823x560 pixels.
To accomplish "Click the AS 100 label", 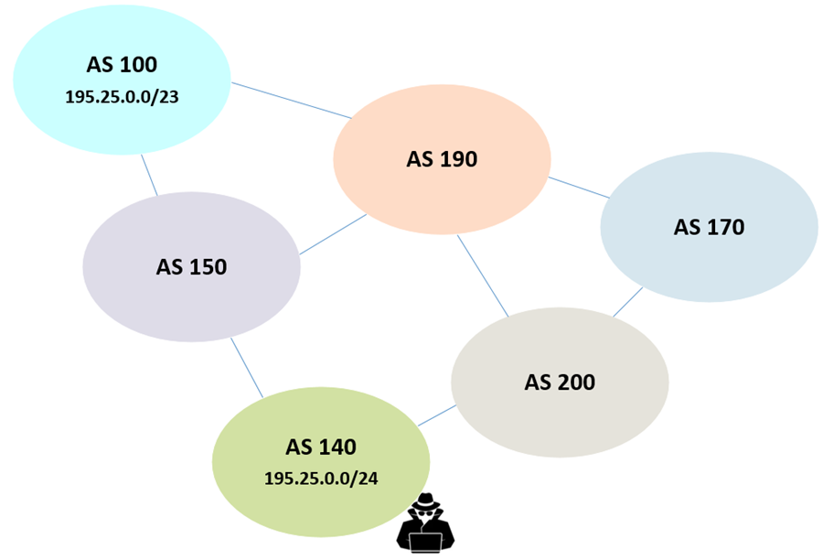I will [122, 65].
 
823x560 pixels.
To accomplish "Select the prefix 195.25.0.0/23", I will [122, 95].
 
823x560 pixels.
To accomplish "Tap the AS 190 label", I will [442, 159].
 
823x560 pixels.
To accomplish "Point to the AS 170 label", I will [709, 227].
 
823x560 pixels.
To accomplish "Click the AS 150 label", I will [191, 267].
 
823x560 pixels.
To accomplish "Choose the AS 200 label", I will [560, 382].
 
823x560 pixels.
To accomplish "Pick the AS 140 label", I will [320, 447].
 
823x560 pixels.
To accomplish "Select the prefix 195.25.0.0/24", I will [320, 478].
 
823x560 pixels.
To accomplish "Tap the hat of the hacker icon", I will [425, 502].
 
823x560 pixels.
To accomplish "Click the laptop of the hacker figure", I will [425, 539].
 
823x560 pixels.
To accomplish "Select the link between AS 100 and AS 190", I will [291, 100].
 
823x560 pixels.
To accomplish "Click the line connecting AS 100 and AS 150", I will [150, 175].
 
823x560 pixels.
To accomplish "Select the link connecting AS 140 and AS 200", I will [437, 415].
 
